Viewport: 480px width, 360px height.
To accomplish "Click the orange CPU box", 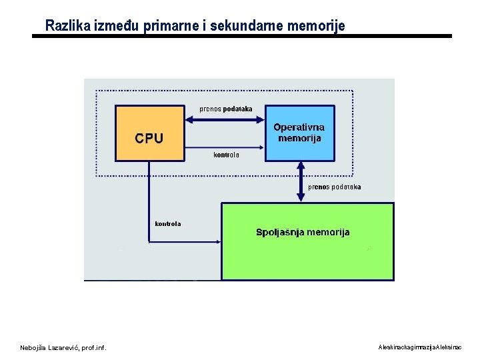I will [x=149, y=133].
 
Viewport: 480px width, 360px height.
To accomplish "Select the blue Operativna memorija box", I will [x=299, y=133].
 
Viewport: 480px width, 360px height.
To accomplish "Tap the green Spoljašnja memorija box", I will [x=307, y=253].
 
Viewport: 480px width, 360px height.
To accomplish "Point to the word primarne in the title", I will [x=167, y=26].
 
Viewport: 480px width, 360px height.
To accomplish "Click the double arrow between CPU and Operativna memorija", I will [x=225, y=120].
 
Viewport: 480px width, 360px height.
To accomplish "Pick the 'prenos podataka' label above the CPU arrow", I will [x=226, y=109].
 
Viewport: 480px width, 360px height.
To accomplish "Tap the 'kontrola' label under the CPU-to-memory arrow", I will [x=226, y=155].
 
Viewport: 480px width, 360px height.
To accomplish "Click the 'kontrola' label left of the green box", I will [x=167, y=224].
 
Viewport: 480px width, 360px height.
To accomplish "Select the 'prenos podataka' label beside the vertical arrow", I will [x=334, y=187].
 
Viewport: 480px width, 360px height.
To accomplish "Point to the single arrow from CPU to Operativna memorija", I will [x=225, y=147].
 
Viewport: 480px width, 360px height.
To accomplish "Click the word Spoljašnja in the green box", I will [x=280, y=233].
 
